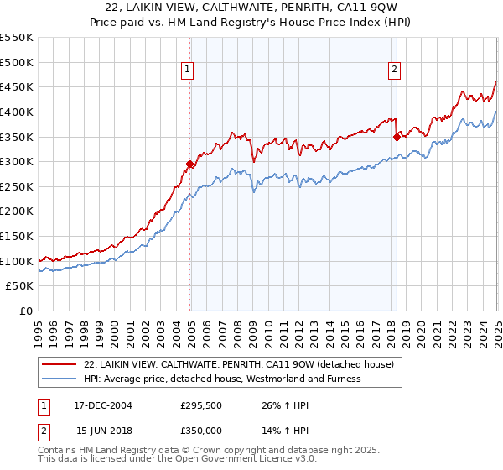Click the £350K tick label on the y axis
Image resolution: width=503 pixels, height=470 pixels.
pos(16,137)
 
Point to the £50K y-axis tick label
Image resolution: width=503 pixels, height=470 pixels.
pos(19,286)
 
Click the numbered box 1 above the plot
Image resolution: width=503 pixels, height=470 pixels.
pos(186,70)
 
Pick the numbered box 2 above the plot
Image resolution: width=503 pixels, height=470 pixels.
pos(394,70)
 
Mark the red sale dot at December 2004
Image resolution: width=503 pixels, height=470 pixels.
pos(190,164)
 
